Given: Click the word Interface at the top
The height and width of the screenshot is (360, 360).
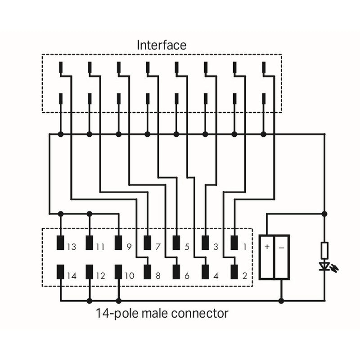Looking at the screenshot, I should click(161, 45).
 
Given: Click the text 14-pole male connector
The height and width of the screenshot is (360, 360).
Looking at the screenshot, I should click(162, 313).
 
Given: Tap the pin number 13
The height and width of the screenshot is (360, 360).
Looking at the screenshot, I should click(72, 247).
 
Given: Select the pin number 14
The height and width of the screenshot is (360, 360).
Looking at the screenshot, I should click(72, 276).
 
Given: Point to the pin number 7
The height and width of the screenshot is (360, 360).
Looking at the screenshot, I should click(157, 247).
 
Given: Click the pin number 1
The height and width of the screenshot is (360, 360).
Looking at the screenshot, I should click(245, 247).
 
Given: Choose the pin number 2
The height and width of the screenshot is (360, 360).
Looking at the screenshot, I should click(245, 276).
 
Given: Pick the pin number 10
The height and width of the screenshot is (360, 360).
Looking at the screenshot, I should click(129, 276).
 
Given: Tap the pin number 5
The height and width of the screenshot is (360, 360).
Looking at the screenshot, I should click(186, 247).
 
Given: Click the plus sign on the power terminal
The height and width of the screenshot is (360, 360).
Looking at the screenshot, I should click(267, 247).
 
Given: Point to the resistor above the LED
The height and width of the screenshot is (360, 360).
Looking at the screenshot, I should click(324, 250).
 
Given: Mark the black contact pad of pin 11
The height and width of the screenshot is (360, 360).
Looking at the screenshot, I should click(89, 243).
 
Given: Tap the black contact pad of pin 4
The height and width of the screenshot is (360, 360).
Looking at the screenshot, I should click(206, 272).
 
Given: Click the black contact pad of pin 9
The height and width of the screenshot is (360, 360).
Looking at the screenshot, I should click(118, 243).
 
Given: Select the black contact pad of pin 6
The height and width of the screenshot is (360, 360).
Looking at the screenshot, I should click(176, 272).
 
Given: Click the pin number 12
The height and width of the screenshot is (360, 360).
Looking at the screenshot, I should click(100, 276).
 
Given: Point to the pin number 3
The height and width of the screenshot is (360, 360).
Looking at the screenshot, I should click(216, 247).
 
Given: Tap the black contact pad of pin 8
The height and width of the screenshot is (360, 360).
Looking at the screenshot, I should click(147, 272).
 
